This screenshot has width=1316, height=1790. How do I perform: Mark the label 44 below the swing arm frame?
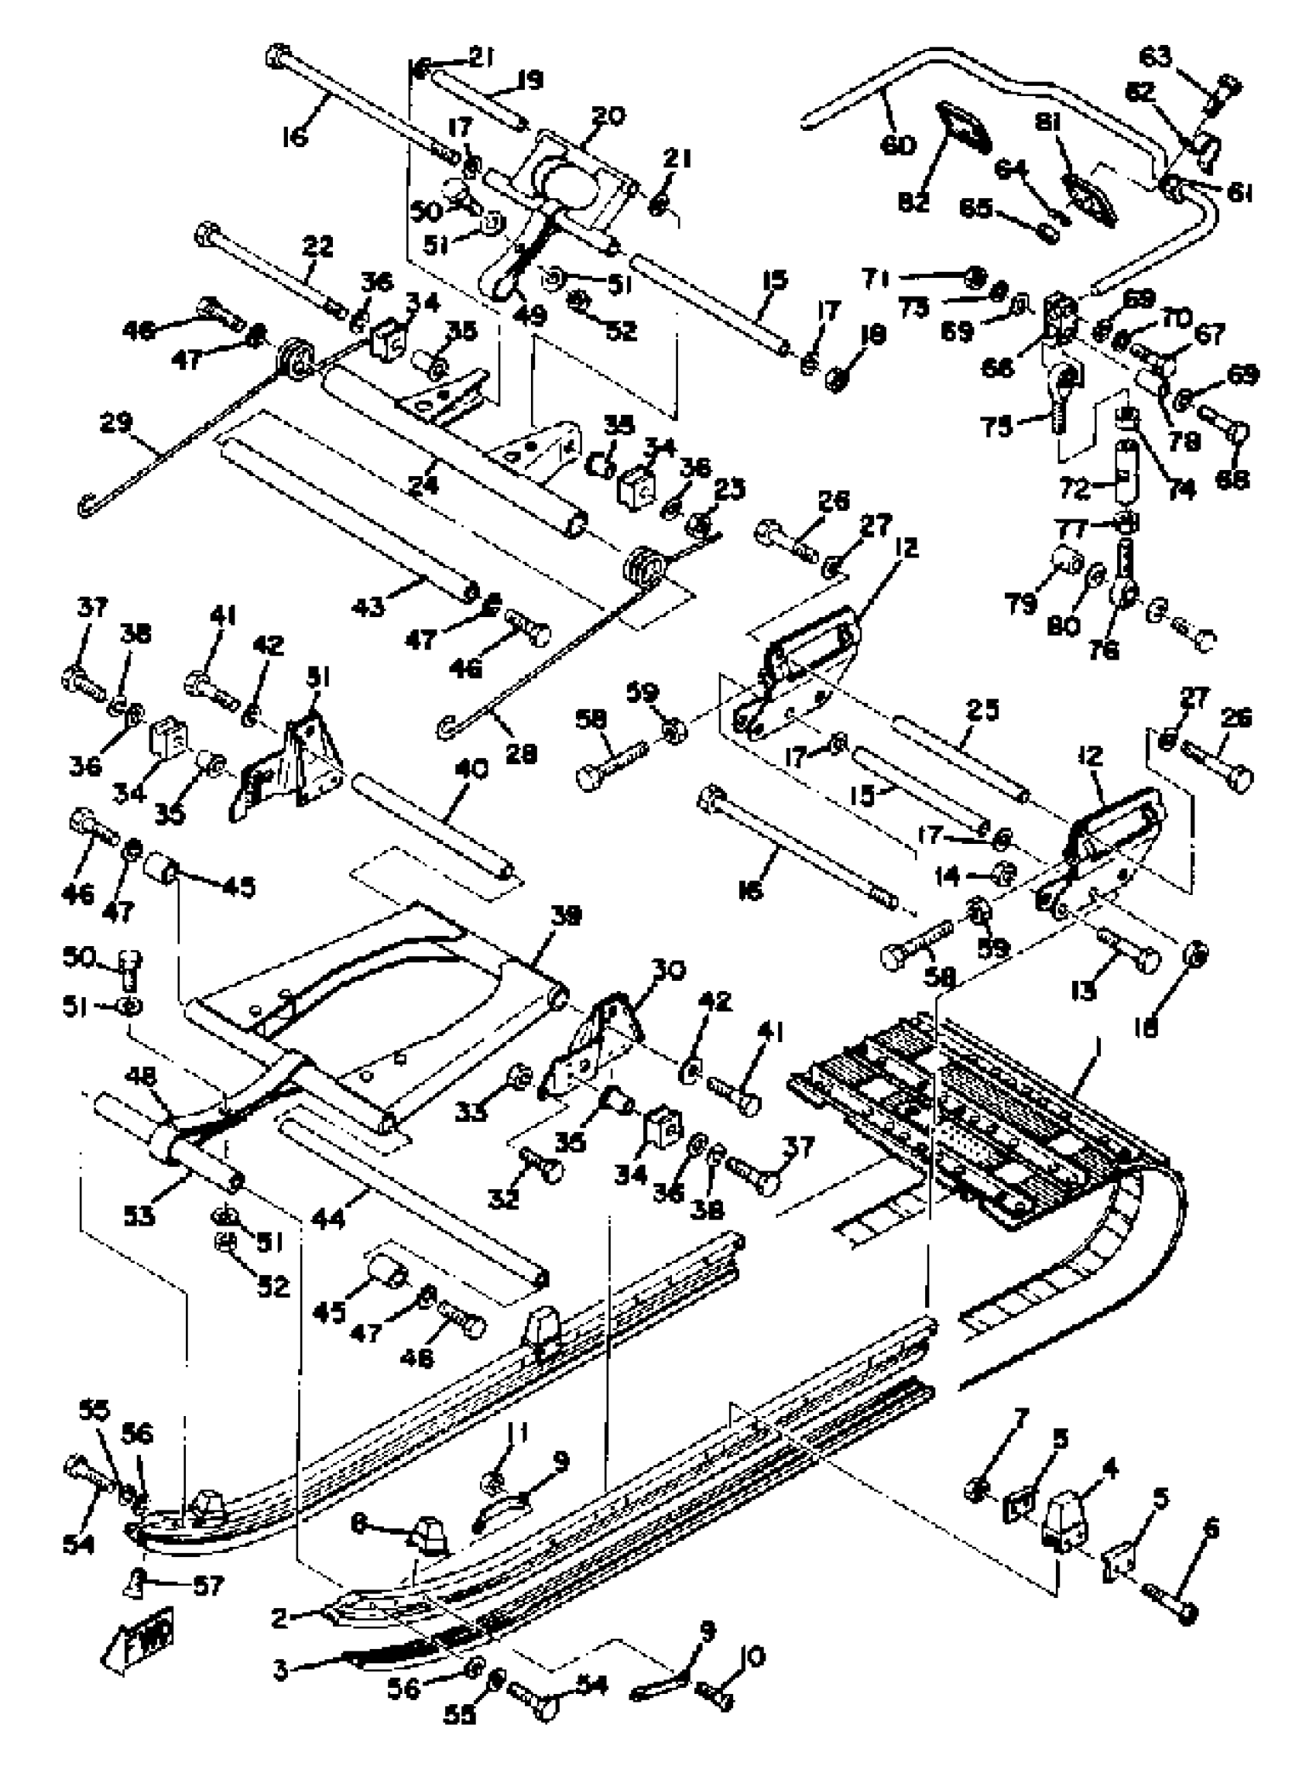(x=327, y=1219)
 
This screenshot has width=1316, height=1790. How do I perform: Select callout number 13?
(x=1085, y=992)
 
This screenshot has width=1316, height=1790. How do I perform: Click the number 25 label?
(x=982, y=710)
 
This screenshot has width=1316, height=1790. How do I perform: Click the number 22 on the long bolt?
(x=317, y=247)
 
